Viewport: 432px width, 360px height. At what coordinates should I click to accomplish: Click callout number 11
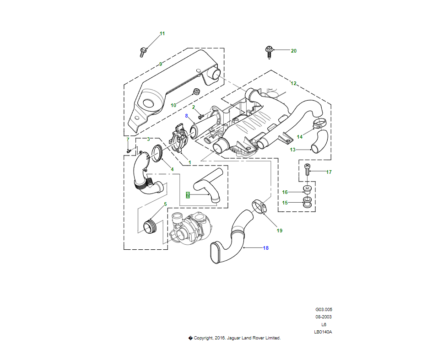pos(162,33)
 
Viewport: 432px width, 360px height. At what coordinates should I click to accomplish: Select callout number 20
pos(294,51)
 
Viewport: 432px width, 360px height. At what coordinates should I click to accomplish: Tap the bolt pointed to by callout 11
pos(143,52)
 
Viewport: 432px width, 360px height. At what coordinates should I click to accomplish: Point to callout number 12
pos(293,83)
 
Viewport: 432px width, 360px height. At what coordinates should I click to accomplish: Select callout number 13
pos(293,150)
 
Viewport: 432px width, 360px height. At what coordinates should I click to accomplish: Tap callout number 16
pos(285,192)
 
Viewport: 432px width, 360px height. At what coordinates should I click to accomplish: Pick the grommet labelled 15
pos(308,202)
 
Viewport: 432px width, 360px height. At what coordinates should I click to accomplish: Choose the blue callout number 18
pos(265,248)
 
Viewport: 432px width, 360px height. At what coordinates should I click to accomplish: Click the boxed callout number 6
pos(188,194)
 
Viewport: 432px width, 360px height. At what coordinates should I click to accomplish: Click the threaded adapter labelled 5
pos(150,226)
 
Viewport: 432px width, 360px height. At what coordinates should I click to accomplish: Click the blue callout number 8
pos(187,116)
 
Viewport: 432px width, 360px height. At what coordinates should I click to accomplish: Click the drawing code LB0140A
pos(323,332)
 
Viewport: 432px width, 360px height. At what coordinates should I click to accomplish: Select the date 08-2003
pos(323,317)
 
